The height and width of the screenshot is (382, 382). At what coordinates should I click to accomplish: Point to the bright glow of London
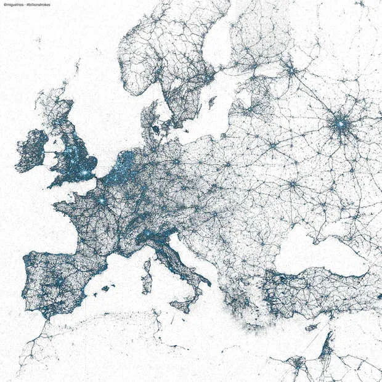pos(85,174)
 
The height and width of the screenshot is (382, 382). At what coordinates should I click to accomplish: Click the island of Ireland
pos(31,151)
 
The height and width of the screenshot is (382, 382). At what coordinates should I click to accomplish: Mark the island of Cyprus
pos(312,327)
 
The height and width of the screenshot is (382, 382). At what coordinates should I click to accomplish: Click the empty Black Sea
pos(320,250)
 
